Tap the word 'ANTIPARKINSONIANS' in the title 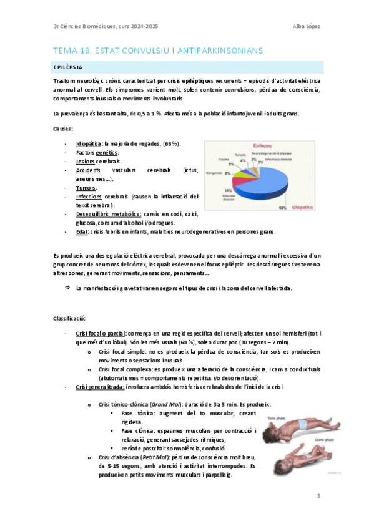tap(212, 49)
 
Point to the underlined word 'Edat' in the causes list tap(82, 232)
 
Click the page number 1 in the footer tap(318, 497)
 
